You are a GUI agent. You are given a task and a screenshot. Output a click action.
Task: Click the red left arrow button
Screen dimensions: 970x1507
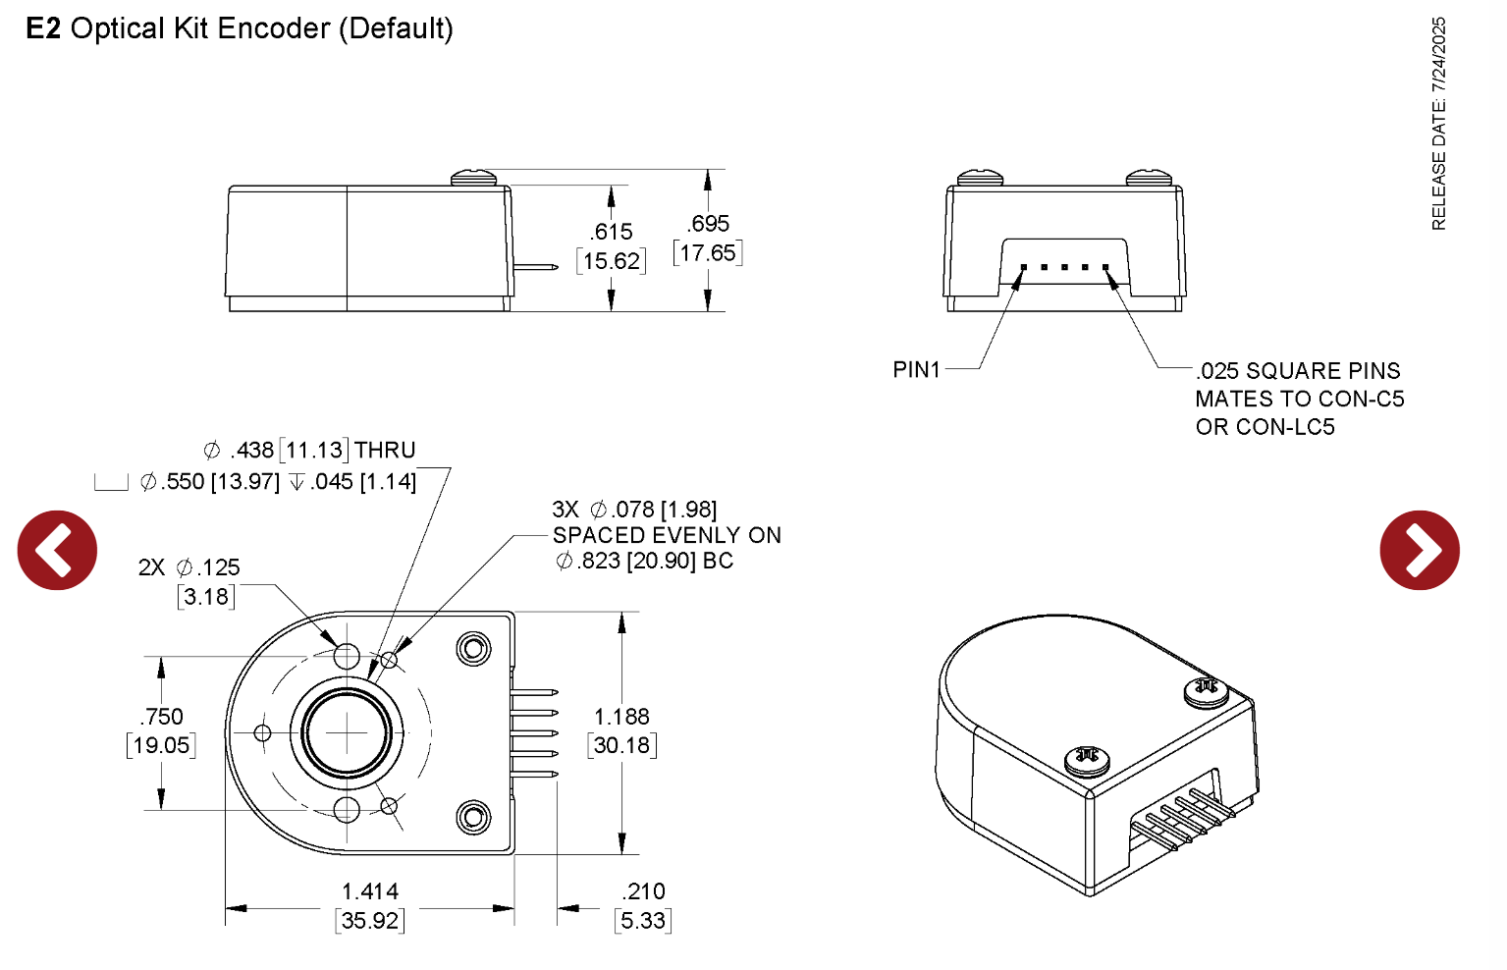[x=57, y=550]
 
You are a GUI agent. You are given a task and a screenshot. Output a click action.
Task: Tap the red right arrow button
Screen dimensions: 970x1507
[x=1419, y=550]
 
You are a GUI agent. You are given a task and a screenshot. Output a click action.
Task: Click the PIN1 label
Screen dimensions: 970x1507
[x=916, y=369]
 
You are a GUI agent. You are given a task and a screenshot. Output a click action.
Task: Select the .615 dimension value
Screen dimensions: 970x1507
[x=611, y=232]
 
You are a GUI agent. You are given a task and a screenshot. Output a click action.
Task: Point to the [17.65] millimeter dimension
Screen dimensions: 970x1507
[x=707, y=253]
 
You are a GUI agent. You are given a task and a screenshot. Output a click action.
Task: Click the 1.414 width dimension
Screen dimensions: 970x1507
[x=370, y=891]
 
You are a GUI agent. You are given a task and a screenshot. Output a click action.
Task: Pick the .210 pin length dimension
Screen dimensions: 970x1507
[x=643, y=891]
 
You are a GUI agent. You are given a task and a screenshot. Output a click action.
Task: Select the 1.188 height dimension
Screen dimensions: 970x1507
[x=621, y=717]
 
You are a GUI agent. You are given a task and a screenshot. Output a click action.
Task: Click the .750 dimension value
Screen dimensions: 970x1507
[x=162, y=717]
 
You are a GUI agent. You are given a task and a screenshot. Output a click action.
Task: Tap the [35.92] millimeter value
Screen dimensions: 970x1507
[x=370, y=921]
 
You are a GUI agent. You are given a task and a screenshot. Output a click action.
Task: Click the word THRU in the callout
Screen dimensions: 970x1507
[x=385, y=450]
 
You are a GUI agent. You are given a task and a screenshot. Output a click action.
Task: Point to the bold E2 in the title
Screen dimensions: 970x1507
[x=43, y=28]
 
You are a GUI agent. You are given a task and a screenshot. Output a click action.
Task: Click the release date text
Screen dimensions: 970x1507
[x=1438, y=124]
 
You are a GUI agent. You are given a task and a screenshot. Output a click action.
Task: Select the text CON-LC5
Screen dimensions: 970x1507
[x=1285, y=427]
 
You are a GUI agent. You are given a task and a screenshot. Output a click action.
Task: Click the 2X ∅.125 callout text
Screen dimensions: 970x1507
[x=189, y=567]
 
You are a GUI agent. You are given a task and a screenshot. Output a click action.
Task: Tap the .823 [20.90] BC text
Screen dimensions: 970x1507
[x=644, y=561]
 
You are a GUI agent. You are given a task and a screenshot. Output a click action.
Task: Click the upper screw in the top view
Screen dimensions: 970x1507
[x=474, y=648]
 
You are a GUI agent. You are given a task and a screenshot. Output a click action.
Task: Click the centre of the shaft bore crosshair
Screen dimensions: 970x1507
[x=347, y=732]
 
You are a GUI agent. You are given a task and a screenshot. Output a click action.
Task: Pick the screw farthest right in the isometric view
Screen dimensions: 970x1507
[x=1207, y=691]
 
